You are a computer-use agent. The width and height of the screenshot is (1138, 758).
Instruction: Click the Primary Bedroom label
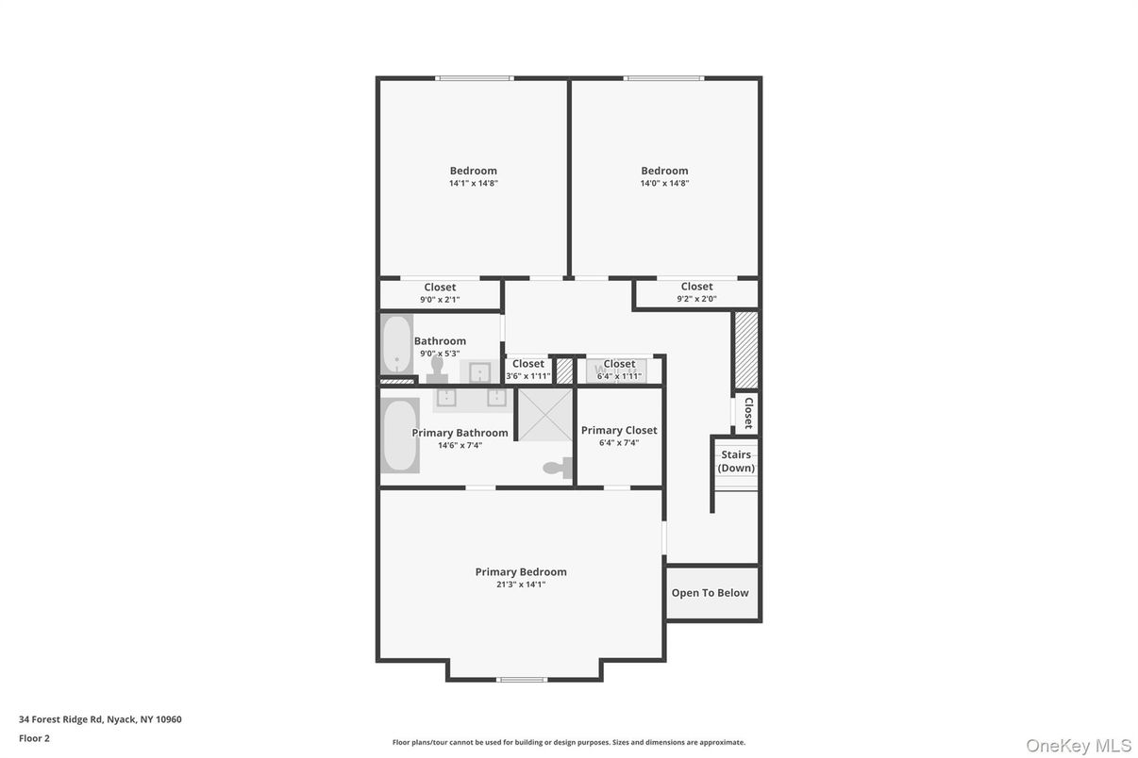521,572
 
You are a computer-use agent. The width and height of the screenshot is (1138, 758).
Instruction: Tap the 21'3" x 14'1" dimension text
521,585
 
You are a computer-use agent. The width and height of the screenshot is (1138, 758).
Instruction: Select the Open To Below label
710,593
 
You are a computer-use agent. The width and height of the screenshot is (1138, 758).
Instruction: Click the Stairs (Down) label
736,461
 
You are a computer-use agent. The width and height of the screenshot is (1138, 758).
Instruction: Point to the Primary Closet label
619,431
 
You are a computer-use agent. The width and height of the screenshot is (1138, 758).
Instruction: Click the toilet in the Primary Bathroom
558,468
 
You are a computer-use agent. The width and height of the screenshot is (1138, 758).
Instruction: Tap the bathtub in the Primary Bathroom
400,436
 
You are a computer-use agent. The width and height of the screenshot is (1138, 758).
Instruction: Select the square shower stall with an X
545,415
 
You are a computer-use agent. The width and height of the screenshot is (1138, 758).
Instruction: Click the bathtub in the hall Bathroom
396,344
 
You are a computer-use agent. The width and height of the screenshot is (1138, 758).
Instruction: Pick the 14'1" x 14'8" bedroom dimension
473,183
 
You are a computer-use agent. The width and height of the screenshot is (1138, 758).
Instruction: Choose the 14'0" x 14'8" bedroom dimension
664,183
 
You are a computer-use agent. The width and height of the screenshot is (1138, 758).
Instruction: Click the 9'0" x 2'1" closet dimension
440,300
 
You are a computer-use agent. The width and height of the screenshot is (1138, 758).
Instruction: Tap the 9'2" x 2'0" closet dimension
696,299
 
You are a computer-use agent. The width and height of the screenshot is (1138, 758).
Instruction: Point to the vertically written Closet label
748,413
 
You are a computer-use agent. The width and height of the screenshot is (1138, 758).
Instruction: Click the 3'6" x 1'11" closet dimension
528,376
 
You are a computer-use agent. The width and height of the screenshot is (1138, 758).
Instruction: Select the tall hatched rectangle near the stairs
746,350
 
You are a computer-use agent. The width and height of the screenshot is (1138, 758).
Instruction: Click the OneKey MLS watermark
1079,746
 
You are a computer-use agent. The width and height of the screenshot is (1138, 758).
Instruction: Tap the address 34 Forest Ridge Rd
61,719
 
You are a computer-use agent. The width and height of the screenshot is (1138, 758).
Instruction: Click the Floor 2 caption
34,738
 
